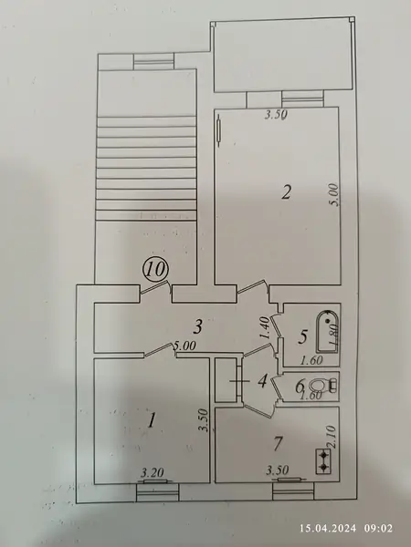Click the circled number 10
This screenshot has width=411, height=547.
[x=155, y=269]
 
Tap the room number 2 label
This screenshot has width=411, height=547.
[x=286, y=192]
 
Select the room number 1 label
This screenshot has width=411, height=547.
[x=151, y=420]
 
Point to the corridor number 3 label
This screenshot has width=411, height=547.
[x=198, y=327]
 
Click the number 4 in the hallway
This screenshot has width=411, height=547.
[x=262, y=381]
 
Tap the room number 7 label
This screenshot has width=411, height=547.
[x=278, y=444]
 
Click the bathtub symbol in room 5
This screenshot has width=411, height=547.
[x=328, y=332]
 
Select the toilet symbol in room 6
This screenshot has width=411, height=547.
[x=324, y=386]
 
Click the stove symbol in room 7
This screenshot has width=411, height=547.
[x=323, y=460]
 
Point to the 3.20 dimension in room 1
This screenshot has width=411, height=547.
[x=152, y=473]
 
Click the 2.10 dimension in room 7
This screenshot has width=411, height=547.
[x=332, y=436]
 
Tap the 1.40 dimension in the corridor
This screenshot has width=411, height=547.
[x=265, y=327]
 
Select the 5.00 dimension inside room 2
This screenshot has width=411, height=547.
[x=334, y=195]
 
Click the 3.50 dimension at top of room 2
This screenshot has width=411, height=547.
[x=276, y=115]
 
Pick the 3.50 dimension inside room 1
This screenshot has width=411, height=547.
[x=204, y=420]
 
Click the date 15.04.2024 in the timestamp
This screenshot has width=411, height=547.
[x=328, y=528]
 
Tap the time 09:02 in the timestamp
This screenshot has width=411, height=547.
[x=378, y=528]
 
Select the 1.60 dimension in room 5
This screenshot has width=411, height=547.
[x=311, y=360]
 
